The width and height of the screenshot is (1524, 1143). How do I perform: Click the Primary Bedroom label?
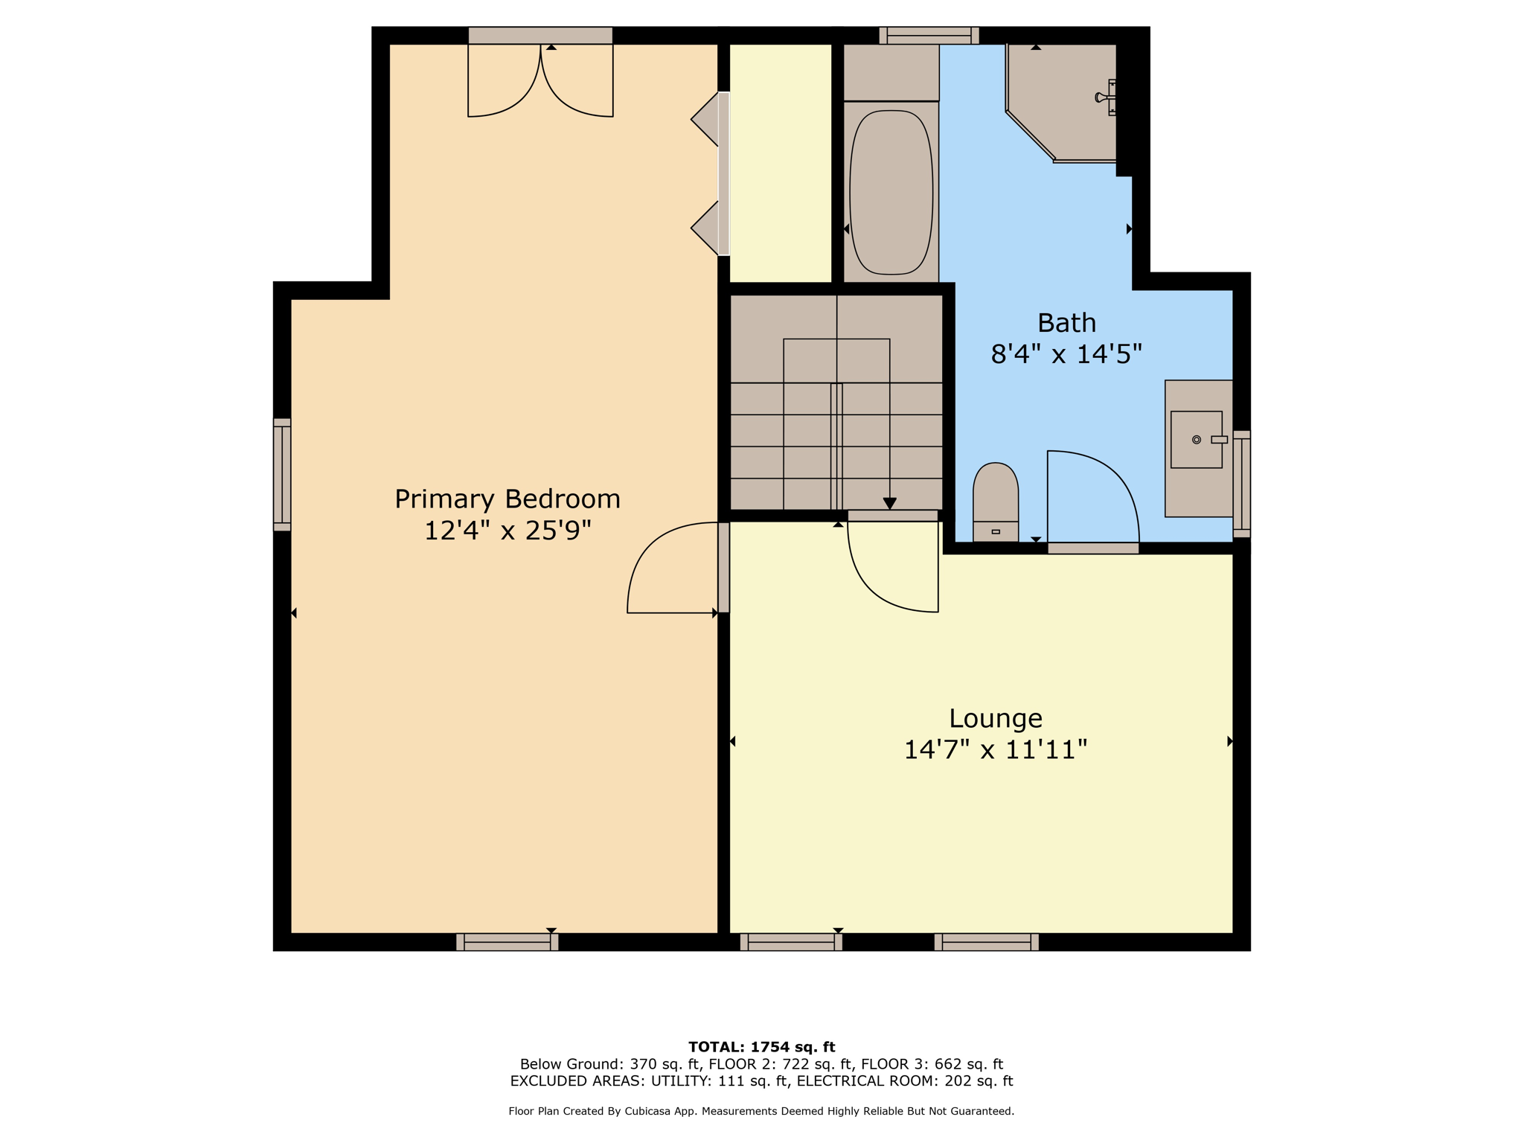pos(508,499)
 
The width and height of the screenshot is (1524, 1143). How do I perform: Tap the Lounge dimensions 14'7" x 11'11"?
pos(996,749)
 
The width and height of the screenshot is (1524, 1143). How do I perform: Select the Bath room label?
pos(1066,323)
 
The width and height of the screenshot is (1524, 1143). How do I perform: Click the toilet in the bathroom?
pos(996,502)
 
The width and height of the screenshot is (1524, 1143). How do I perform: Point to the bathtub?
pos(891,192)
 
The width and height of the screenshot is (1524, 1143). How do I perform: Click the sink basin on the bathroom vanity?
pos(1197,439)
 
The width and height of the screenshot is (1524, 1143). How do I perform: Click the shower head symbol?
pos(1106,97)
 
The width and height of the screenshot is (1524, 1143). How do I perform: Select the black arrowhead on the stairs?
pos(889,504)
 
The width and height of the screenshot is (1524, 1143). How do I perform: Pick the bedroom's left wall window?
pos(282,475)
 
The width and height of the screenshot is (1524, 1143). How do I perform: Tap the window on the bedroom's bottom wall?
pos(508,941)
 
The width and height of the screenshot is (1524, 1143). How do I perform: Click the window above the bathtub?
pos(929,36)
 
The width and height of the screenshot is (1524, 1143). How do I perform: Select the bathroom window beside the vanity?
pos(1241,484)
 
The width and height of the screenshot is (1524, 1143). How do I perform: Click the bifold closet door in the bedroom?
pos(711,173)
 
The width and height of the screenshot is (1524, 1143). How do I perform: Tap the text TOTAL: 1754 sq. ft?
pos(761,1047)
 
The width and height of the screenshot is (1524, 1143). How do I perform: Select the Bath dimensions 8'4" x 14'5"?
pos(1066,354)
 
